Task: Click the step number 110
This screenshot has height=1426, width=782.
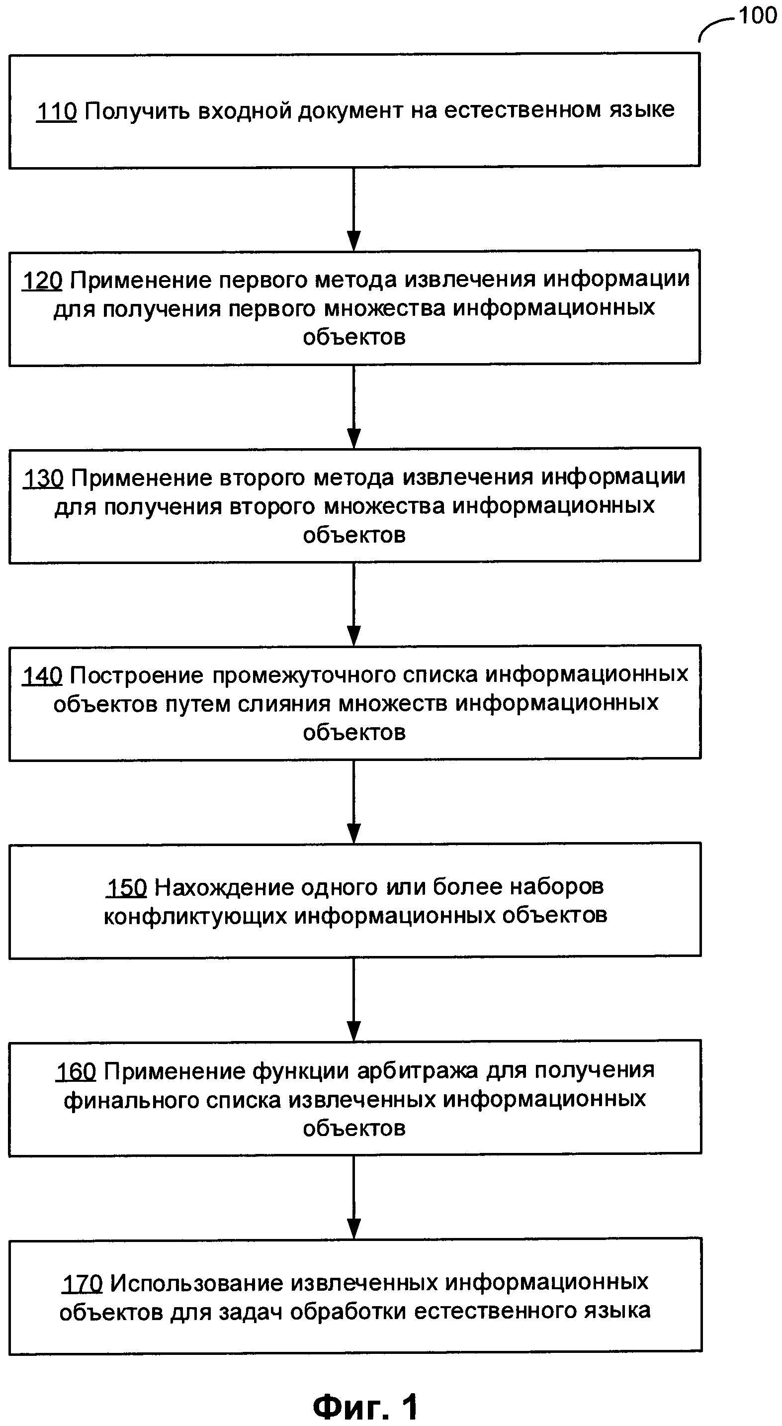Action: [x=57, y=111]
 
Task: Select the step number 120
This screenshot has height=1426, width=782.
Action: [x=42, y=281]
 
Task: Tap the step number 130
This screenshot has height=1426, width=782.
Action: [x=43, y=478]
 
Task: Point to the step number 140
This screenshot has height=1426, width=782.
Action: [x=42, y=676]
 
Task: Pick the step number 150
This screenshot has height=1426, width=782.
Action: [x=126, y=887]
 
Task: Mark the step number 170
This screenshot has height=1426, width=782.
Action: [x=82, y=1283]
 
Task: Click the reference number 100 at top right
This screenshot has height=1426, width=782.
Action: [x=758, y=15]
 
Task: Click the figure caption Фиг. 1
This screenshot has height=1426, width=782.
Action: [x=365, y=1407]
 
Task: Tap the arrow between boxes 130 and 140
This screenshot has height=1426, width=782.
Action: [x=353, y=604]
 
